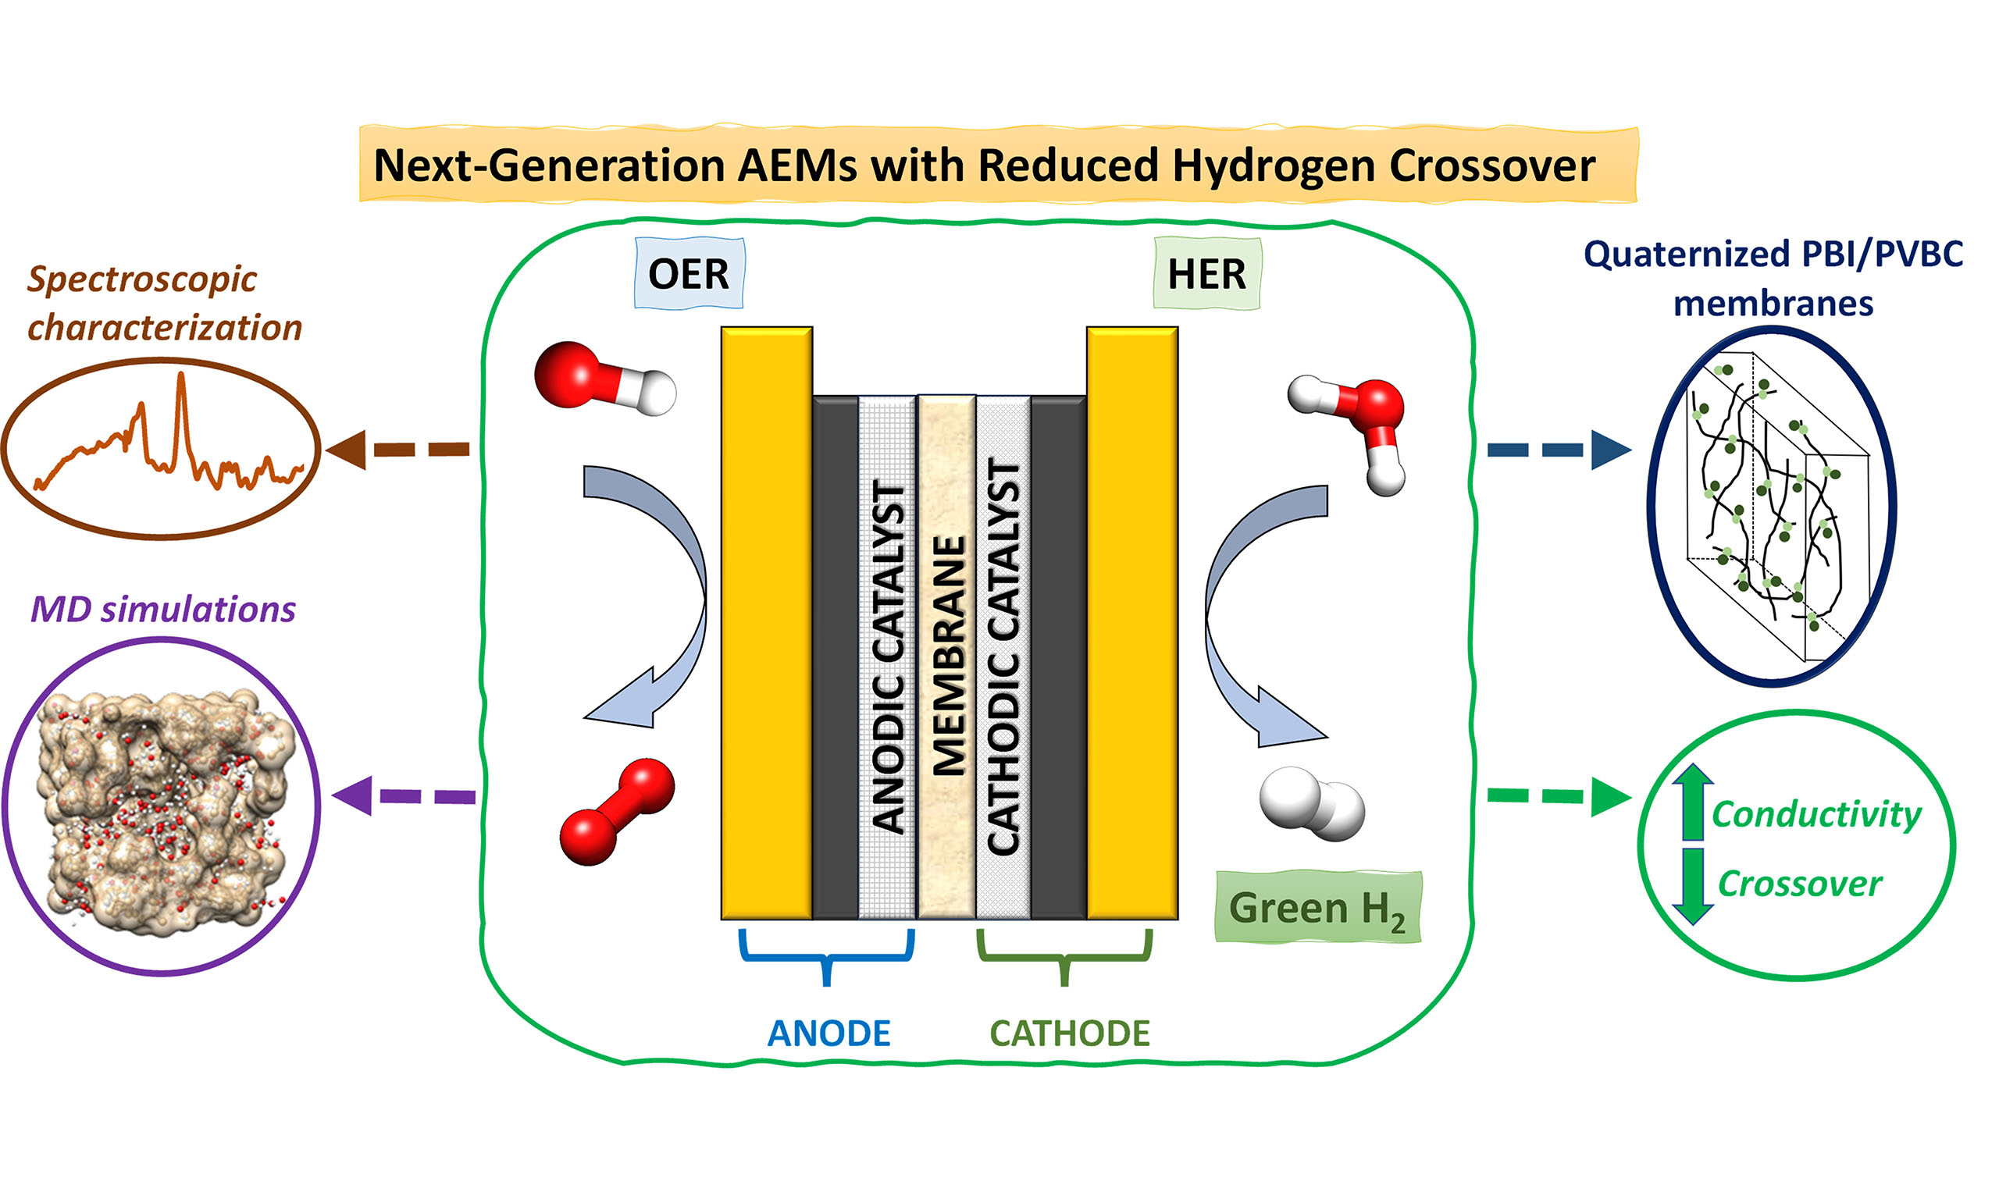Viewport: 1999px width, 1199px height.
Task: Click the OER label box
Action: pos(689,274)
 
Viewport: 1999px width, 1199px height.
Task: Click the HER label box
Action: pos(1206,274)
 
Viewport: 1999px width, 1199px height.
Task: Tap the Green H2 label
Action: pos(1317,908)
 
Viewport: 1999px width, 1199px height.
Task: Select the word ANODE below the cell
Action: pos(828,1034)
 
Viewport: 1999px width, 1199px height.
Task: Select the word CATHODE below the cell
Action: pos(1070,1034)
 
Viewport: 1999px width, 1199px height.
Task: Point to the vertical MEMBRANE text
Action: pos(949,656)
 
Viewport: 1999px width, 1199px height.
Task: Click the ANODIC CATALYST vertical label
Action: pos(888,656)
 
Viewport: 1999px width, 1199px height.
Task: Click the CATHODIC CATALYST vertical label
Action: pos(1003,656)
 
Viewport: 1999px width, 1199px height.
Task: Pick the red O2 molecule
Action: pos(617,812)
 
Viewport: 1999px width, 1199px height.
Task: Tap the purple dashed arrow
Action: pos(404,796)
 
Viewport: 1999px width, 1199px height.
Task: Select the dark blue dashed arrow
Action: pos(1558,449)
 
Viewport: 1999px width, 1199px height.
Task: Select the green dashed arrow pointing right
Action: pos(1558,797)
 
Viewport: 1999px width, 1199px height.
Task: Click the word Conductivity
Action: pos(1816,814)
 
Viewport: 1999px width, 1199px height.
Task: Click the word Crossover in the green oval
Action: pos(1799,884)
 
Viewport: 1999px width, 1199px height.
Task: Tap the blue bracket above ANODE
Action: pos(827,955)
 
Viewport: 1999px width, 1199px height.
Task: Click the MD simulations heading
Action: pos(163,609)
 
